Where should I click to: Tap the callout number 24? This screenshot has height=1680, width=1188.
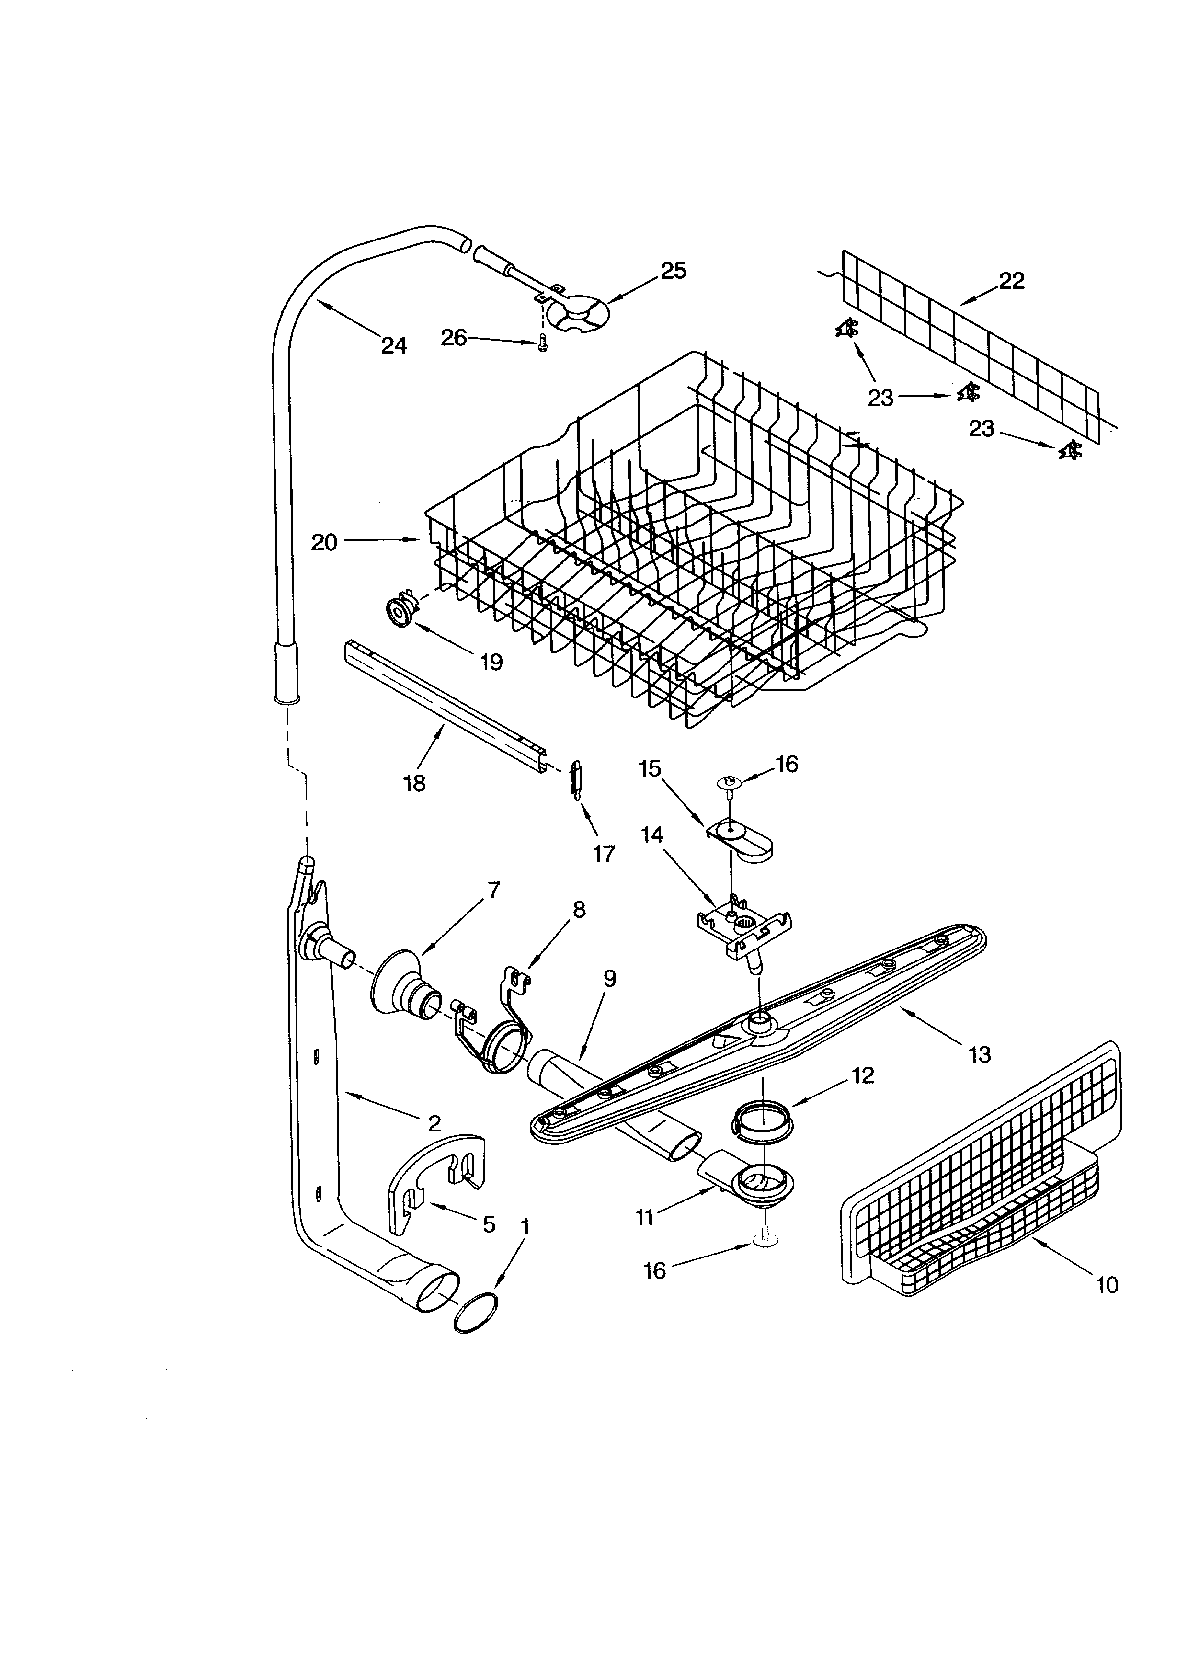click(394, 345)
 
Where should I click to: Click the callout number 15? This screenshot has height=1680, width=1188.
click(649, 768)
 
